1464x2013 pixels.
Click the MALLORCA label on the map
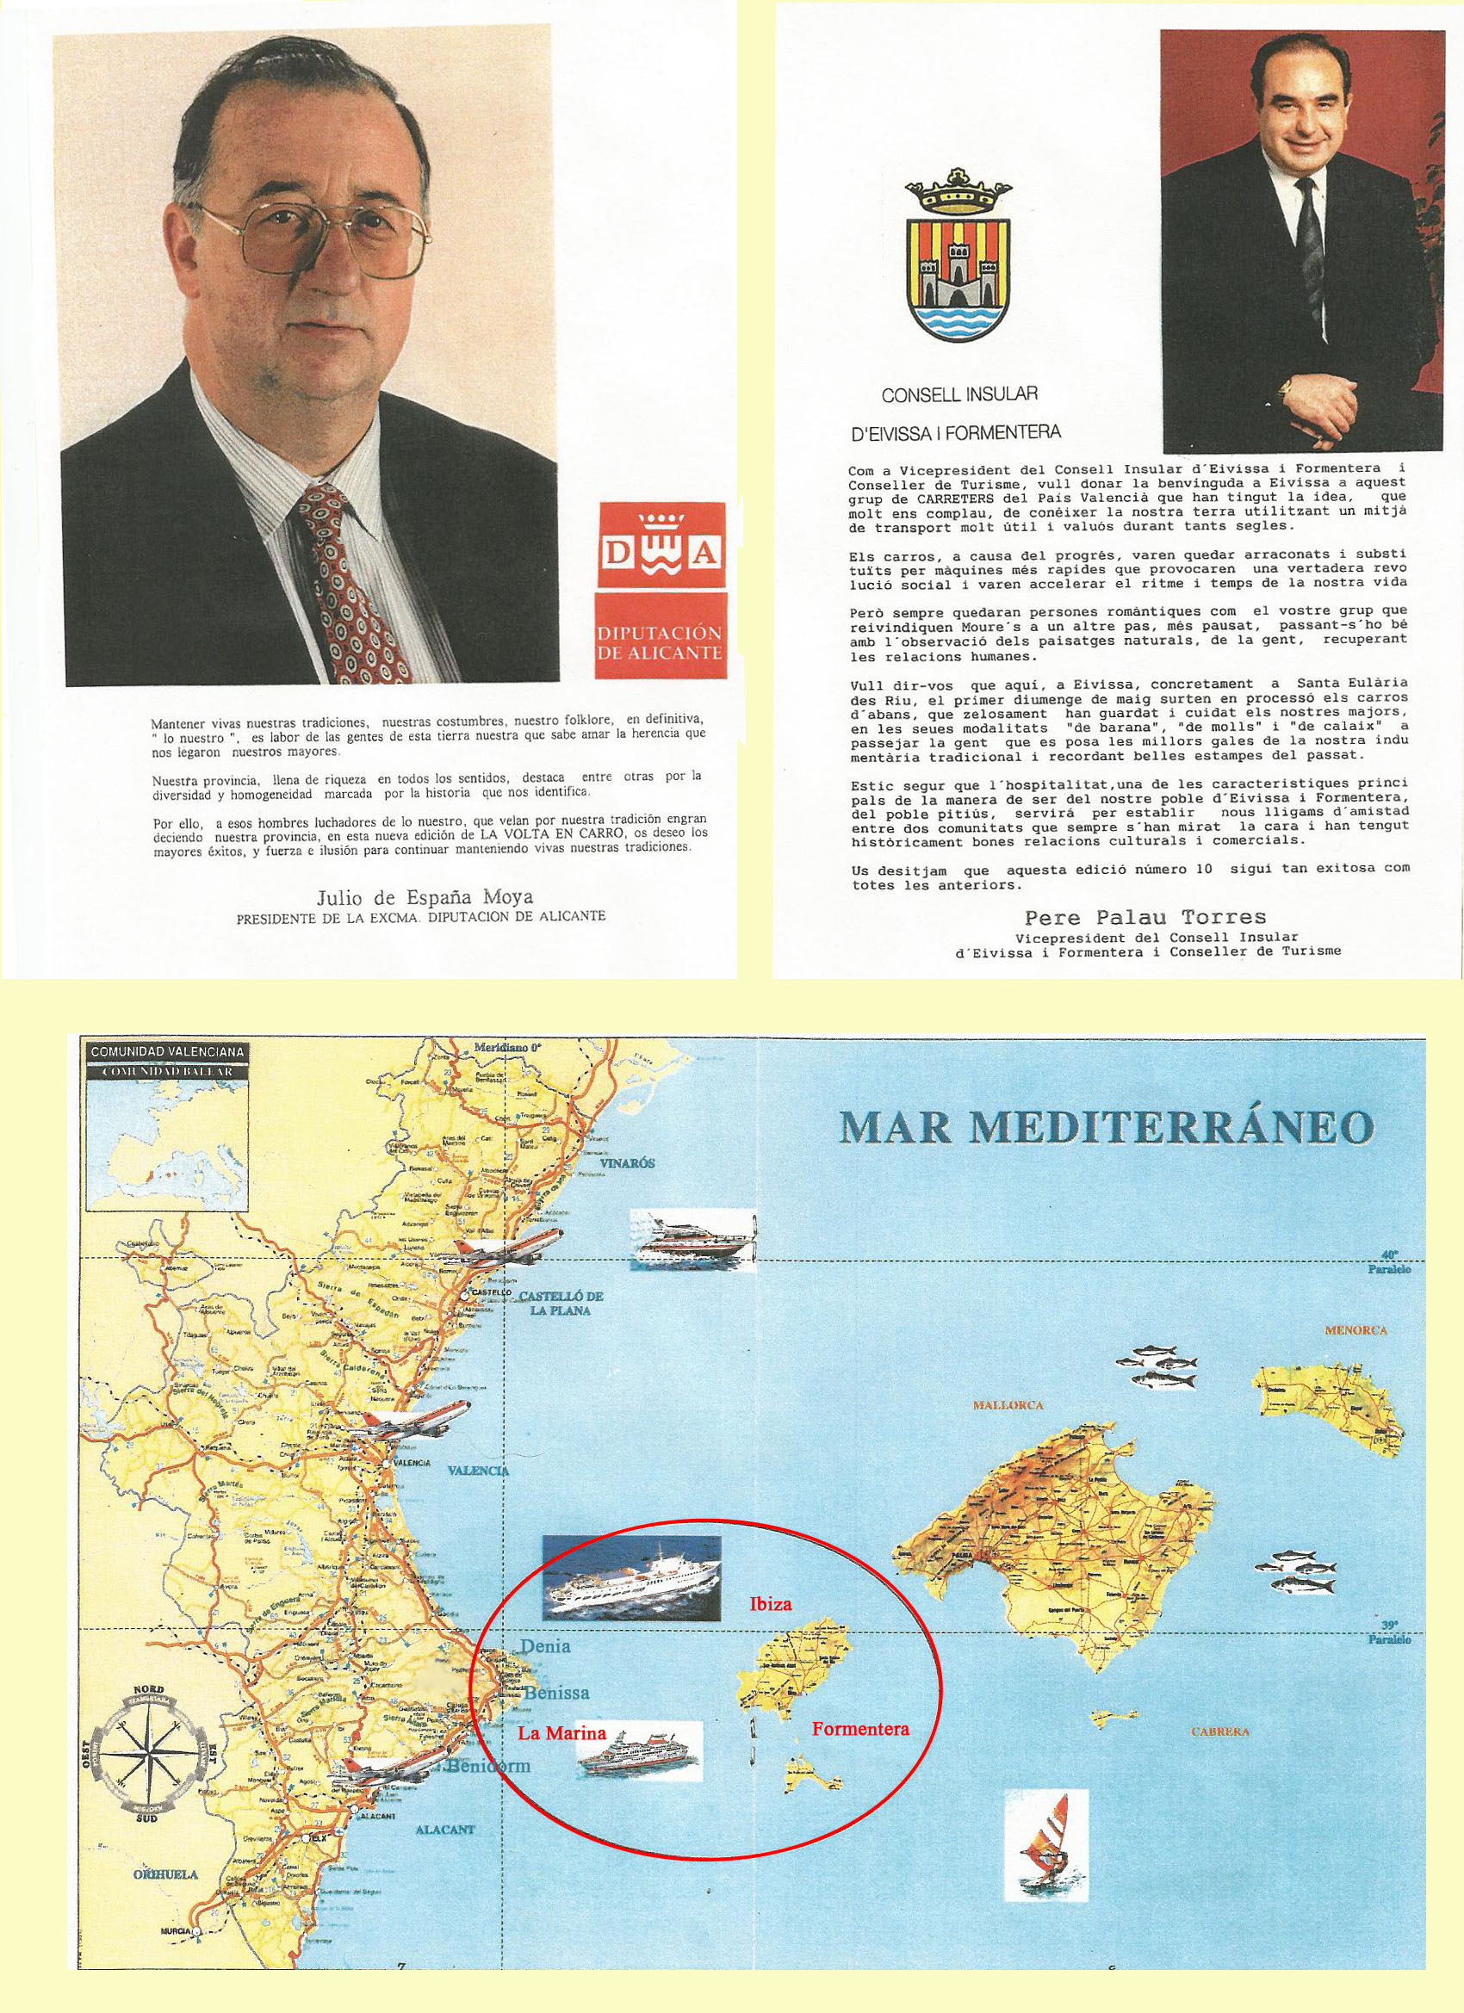pyautogui.click(x=1008, y=1405)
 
